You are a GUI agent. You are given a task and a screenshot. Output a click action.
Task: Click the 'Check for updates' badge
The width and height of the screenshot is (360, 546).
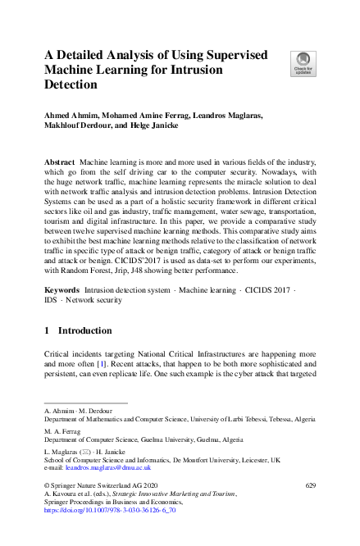[303, 62]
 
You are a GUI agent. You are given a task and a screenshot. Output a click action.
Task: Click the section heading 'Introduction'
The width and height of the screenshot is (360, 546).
[85, 330]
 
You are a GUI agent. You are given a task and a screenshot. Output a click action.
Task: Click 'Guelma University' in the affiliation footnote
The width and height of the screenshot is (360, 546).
[180, 439]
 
